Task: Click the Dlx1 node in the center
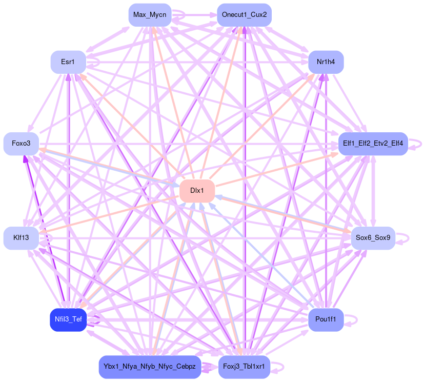click(x=197, y=191)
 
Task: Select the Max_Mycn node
click(x=149, y=14)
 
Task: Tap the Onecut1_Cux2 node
click(x=244, y=14)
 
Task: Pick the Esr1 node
click(x=68, y=62)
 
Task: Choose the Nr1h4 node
click(x=326, y=62)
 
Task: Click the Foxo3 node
click(x=21, y=143)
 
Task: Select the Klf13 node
click(x=21, y=238)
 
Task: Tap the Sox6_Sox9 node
click(x=373, y=238)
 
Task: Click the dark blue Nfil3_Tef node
click(x=68, y=319)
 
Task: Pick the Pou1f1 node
click(x=326, y=319)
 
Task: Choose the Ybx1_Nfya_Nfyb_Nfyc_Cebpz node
click(x=149, y=367)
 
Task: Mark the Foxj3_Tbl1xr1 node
click(x=244, y=367)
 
